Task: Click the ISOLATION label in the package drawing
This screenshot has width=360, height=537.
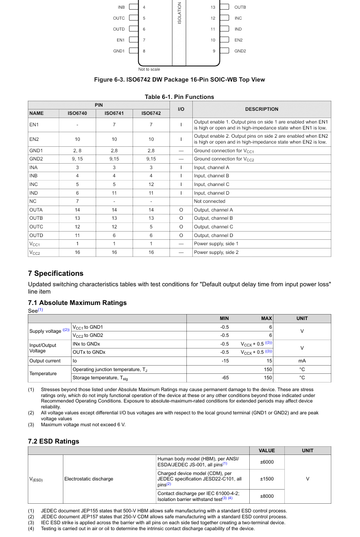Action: [x=180, y=13]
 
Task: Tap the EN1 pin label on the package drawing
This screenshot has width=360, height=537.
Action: [x=120, y=40]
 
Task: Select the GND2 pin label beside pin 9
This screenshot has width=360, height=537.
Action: [x=240, y=51]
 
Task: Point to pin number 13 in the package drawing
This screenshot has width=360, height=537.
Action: [x=213, y=7]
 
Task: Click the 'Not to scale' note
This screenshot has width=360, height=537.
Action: [x=149, y=69]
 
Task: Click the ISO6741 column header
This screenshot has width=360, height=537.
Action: [x=114, y=114]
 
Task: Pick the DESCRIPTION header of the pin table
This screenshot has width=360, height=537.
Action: [x=262, y=109]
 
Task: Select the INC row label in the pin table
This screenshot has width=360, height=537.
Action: [x=34, y=185]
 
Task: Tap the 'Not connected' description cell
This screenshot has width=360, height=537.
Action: [x=210, y=201]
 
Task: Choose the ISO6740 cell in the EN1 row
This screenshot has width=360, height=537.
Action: [x=77, y=125]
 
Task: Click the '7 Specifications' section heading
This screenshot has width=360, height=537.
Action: [x=56, y=274]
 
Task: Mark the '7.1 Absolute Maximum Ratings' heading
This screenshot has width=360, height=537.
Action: [x=77, y=303]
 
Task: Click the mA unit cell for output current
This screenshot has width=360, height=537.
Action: [x=302, y=361]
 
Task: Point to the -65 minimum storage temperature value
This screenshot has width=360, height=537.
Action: [x=225, y=378]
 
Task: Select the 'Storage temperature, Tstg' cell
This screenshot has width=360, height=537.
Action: [x=100, y=378]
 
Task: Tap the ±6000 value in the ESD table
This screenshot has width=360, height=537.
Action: [x=267, y=462]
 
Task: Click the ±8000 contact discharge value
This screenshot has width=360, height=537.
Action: [x=267, y=496]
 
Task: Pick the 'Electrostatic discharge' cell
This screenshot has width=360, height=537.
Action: [x=89, y=479]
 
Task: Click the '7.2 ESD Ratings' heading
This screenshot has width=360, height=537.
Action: [x=54, y=441]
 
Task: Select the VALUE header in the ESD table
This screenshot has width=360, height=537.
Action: [x=267, y=450]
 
